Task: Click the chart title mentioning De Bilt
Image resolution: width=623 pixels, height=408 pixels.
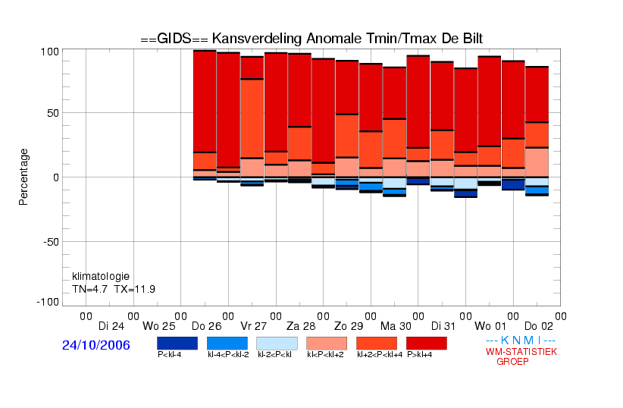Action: [311, 39]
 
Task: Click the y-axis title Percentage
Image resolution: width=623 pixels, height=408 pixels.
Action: [23, 177]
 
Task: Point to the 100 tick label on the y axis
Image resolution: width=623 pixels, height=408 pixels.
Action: [50, 52]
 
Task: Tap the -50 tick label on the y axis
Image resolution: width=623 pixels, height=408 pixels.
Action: [51, 242]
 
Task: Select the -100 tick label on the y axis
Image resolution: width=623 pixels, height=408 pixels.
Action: [48, 303]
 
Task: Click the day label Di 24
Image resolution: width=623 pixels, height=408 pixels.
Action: [111, 326]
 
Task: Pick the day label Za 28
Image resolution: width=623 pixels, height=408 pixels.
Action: [301, 326]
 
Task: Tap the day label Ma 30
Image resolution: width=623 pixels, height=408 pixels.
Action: [396, 326]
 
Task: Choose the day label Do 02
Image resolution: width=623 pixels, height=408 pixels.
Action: [539, 326]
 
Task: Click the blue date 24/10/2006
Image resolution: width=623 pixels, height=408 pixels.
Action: [96, 345]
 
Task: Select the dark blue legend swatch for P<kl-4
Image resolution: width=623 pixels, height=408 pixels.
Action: [177, 344]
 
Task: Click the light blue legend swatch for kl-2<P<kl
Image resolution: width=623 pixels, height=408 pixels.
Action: [277, 344]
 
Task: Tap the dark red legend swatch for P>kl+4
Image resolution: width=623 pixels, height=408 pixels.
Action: [427, 344]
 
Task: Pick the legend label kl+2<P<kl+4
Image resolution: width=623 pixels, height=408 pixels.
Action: [380, 354]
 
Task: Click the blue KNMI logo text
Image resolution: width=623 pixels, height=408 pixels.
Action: [521, 341]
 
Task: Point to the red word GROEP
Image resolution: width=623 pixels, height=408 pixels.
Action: [512, 362]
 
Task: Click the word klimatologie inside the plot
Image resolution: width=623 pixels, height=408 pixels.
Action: [101, 276]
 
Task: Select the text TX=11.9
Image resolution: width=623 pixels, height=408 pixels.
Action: [135, 289]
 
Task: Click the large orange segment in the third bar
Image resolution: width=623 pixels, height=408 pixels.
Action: [252, 118]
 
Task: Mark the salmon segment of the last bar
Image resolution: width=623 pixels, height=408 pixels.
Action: [537, 162]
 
